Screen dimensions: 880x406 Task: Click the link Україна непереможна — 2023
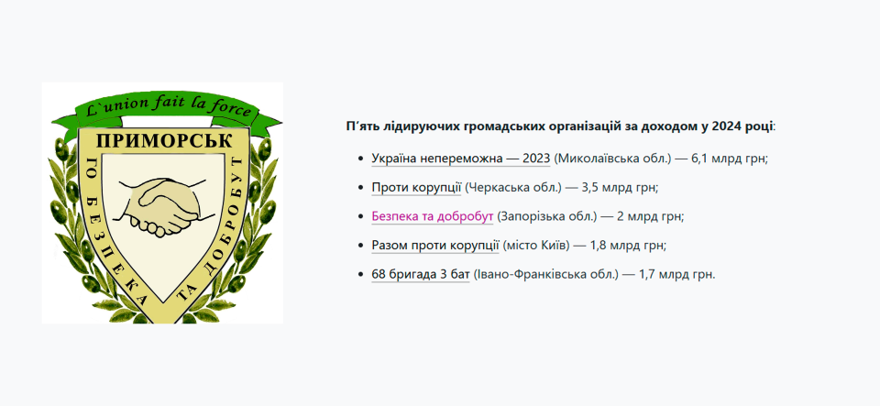pyautogui.click(x=461, y=159)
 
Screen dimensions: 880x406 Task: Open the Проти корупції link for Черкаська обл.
pyautogui.click(x=416, y=187)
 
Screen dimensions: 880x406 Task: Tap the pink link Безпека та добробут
pyautogui.click(x=432, y=216)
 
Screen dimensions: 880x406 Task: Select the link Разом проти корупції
pyautogui.click(x=435, y=246)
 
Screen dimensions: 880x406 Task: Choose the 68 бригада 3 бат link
pyautogui.click(x=421, y=275)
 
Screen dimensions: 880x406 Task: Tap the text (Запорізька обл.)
pyautogui.click(x=546, y=216)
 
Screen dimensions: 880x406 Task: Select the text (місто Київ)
pyautogui.click(x=536, y=246)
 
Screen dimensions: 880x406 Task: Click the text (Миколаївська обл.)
pyautogui.click(x=612, y=159)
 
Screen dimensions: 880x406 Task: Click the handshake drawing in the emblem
pyautogui.click(x=163, y=206)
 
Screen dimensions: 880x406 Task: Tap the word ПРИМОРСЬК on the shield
pyautogui.click(x=164, y=140)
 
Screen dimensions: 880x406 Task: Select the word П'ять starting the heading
pyautogui.click(x=363, y=126)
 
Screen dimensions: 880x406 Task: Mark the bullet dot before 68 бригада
pyautogui.click(x=360, y=275)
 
